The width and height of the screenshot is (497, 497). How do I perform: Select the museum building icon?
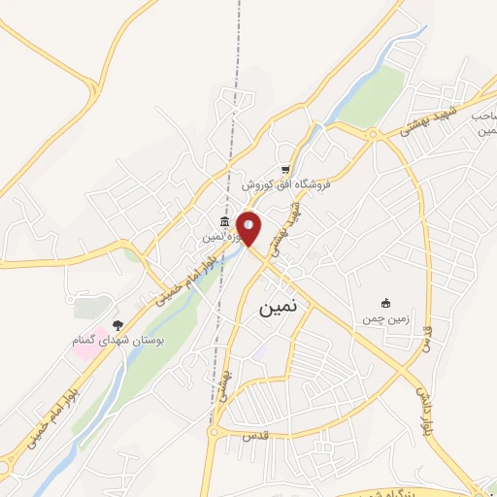225,222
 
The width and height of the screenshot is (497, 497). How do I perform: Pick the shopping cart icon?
285,168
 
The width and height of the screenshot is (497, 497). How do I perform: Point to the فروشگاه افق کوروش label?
286,183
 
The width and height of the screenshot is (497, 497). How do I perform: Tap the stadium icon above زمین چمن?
386,303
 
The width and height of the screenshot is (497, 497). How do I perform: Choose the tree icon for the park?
118,325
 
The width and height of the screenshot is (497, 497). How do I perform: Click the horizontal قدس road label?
253,438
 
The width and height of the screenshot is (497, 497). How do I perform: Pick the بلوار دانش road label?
423,409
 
